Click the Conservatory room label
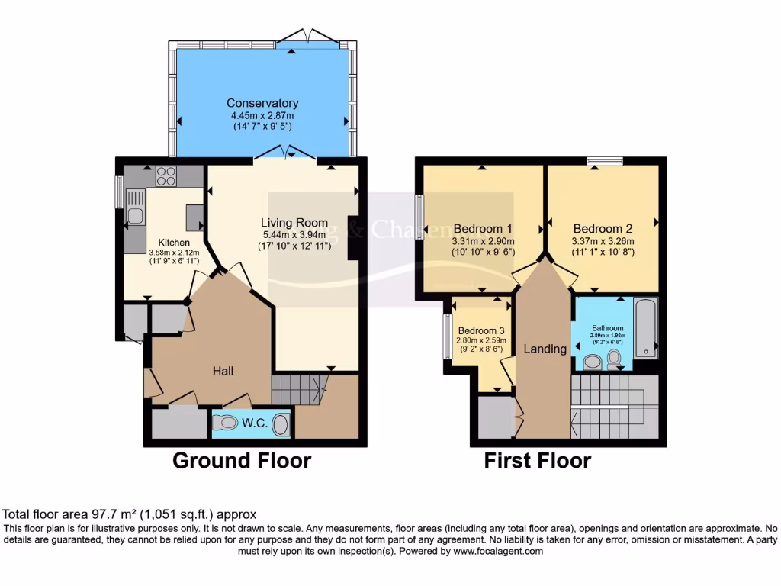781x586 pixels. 262,103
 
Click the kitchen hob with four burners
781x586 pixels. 166,176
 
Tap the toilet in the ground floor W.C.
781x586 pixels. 280,424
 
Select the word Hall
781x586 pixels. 223,371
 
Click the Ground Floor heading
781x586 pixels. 241,461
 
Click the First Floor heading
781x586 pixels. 537,461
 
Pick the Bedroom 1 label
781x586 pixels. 482,228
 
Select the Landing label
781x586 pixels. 545,349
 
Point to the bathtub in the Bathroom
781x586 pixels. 645,329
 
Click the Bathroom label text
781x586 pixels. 608,328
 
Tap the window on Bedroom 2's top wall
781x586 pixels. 605,160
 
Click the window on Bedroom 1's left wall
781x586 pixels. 419,217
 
